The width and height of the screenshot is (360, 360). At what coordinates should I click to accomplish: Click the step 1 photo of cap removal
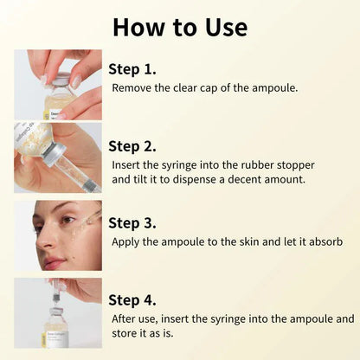point(58,84)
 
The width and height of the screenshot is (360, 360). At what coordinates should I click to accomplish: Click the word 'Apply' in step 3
point(128,241)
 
